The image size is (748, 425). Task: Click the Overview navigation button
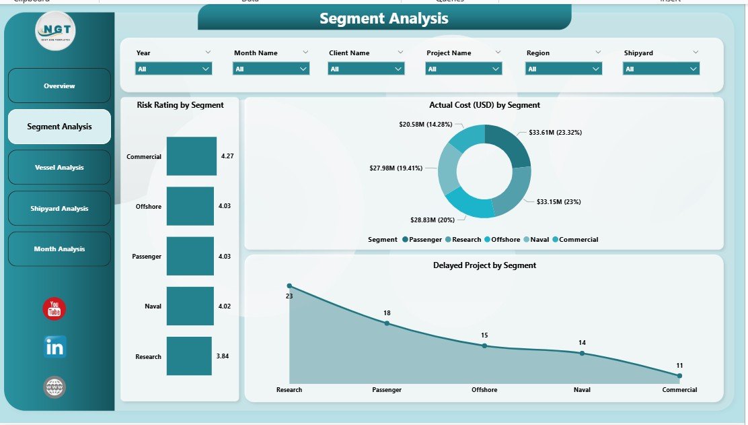pos(59,86)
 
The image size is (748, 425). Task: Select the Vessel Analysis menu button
pos(59,168)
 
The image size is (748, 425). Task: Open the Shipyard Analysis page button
pos(59,209)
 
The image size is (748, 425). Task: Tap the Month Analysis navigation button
pos(59,249)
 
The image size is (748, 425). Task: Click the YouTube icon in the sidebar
pos(54,309)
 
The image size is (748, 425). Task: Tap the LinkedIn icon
pos(54,347)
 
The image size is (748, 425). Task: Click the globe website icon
pos(54,387)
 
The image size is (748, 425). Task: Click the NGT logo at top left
pos(55,30)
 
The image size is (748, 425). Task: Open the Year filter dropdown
pos(174,69)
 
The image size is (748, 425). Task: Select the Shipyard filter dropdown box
pos(661,69)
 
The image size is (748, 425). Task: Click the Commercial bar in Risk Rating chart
pos(192,156)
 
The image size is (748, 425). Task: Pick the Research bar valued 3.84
pos(189,356)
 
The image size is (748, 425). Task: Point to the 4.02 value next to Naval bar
pos(225,306)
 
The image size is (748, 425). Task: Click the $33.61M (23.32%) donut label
pos(556,133)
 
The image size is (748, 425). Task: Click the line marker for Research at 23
pos(289,286)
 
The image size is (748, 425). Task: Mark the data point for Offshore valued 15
pos(484,346)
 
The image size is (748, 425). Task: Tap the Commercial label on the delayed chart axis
pos(679,390)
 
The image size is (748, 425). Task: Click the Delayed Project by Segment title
pos(484,265)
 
